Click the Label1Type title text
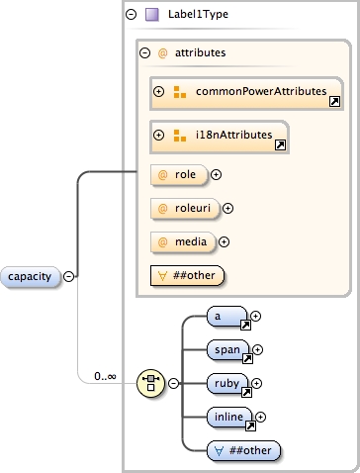(199, 15)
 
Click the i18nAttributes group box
(220, 136)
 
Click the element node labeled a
(226, 317)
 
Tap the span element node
(229, 349)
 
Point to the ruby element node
(229, 383)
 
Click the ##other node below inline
(244, 450)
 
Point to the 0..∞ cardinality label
(106, 376)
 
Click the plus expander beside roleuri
(228, 208)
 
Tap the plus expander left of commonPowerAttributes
(158, 92)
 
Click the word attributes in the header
(202, 53)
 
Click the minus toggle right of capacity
(69, 276)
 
